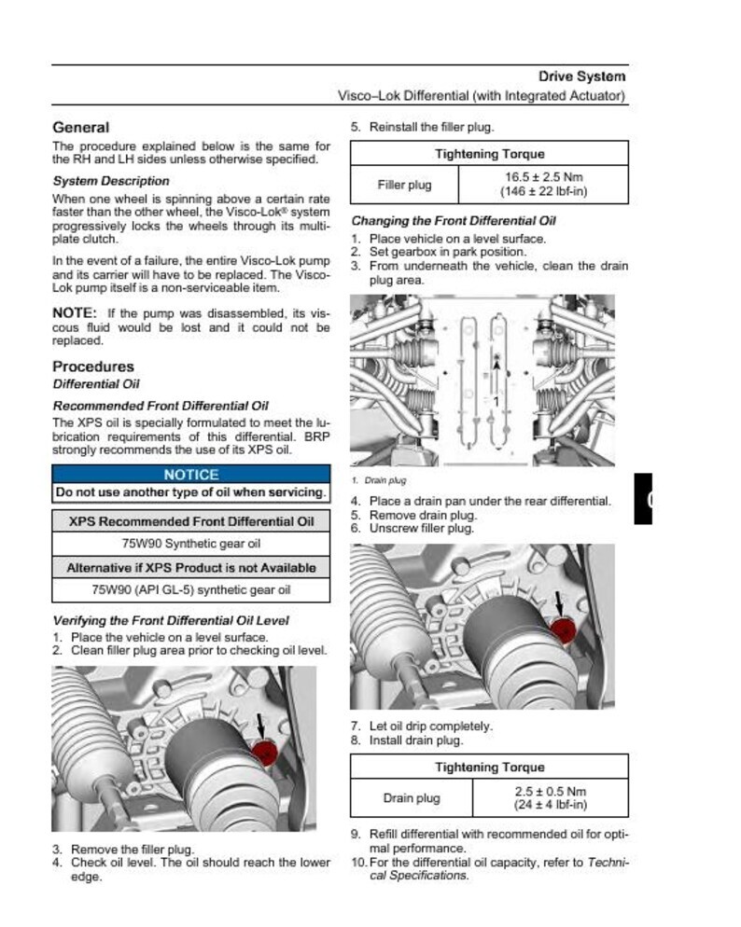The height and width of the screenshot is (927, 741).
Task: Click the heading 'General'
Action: [x=80, y=128]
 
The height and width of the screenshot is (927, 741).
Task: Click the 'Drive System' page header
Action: [x=581, y=76]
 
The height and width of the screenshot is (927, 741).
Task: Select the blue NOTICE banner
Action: [x=190, y=474]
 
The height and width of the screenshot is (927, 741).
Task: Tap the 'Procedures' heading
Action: [x=93, y=367]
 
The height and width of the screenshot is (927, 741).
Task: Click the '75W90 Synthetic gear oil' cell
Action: [x=190, y=544]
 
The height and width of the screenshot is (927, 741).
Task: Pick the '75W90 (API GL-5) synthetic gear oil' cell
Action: [x=190, y=590]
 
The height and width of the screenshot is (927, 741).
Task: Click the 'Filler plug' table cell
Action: [x=404, y=185]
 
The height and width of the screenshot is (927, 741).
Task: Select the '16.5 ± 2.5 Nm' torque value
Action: [x=544, y=176]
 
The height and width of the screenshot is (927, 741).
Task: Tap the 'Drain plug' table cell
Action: [x=412, y=798]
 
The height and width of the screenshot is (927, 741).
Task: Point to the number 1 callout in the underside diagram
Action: [x=496, y=402]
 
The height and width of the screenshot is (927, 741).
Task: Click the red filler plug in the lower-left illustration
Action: [x=265, y=752]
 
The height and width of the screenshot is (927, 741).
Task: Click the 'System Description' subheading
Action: [x=111, y=181]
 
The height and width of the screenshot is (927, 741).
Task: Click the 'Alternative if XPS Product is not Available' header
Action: [x=190, y=567]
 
